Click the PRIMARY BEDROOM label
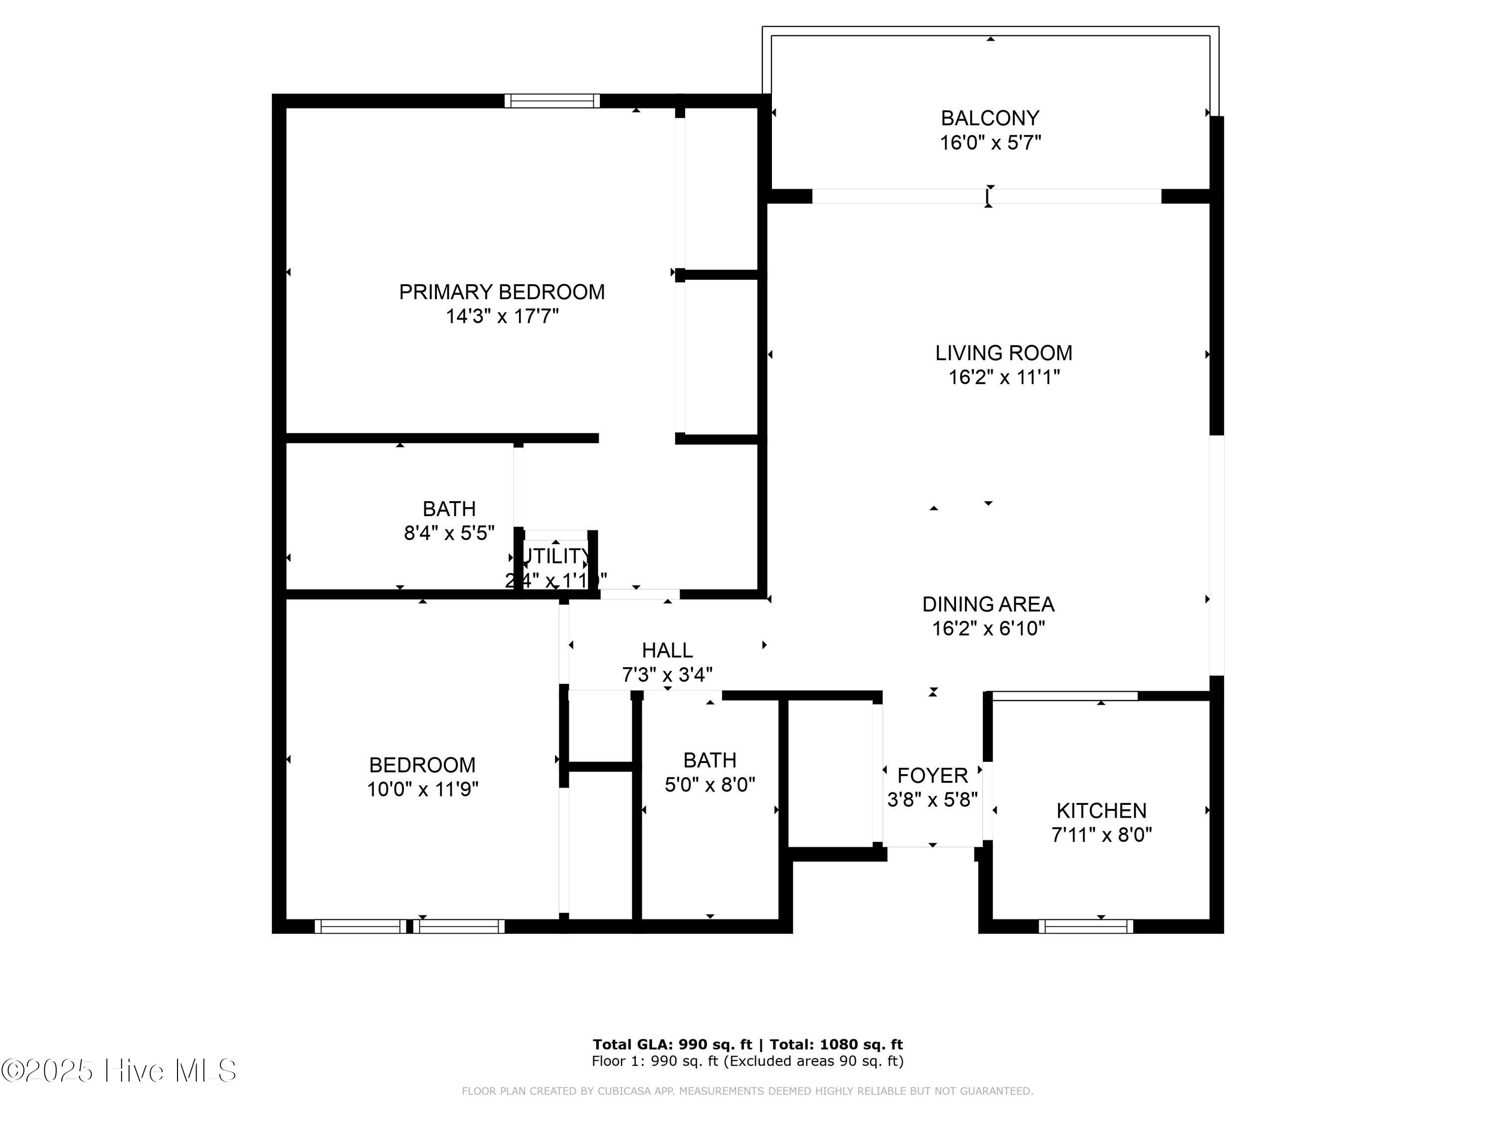point(501,292)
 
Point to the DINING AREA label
point(988,604)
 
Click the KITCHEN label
point(1101,810)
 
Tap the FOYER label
point(932,775)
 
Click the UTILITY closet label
point(556,556)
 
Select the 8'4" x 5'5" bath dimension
point(449,533)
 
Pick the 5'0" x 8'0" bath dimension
point(710,784)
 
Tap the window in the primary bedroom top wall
point(552,101)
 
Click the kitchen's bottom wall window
point(1086,927)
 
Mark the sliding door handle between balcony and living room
point(987,197)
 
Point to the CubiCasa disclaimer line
point(748,1091)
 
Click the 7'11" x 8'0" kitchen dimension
point(1101,835)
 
